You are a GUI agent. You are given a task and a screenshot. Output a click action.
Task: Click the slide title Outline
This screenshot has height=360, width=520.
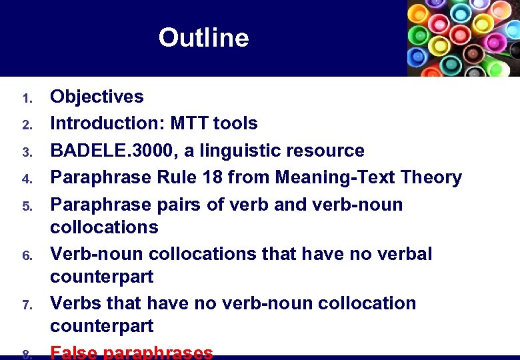pyautogui.click(x=203, y=38)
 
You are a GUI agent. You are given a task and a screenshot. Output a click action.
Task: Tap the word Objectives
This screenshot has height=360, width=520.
pyautogui.click(x=97, y=97)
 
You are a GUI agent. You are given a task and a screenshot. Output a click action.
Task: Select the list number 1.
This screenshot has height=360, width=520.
pyautogui.click(x=27, y=99)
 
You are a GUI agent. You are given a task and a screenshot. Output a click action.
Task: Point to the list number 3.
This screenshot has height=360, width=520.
pyautogui.click(x=27, y=153)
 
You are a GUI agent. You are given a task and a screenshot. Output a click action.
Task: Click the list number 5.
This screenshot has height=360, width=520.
pyautogui.click(x=27, y=207)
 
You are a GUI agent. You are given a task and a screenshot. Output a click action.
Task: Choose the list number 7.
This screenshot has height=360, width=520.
pyautogui.click(x=27, y=305)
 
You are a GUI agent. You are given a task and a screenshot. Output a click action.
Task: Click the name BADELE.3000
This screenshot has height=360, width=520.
pyautogui.click(x=111, y=151)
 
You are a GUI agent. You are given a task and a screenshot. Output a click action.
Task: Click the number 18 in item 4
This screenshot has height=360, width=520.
pyautogui.click(x=216, y=177)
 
